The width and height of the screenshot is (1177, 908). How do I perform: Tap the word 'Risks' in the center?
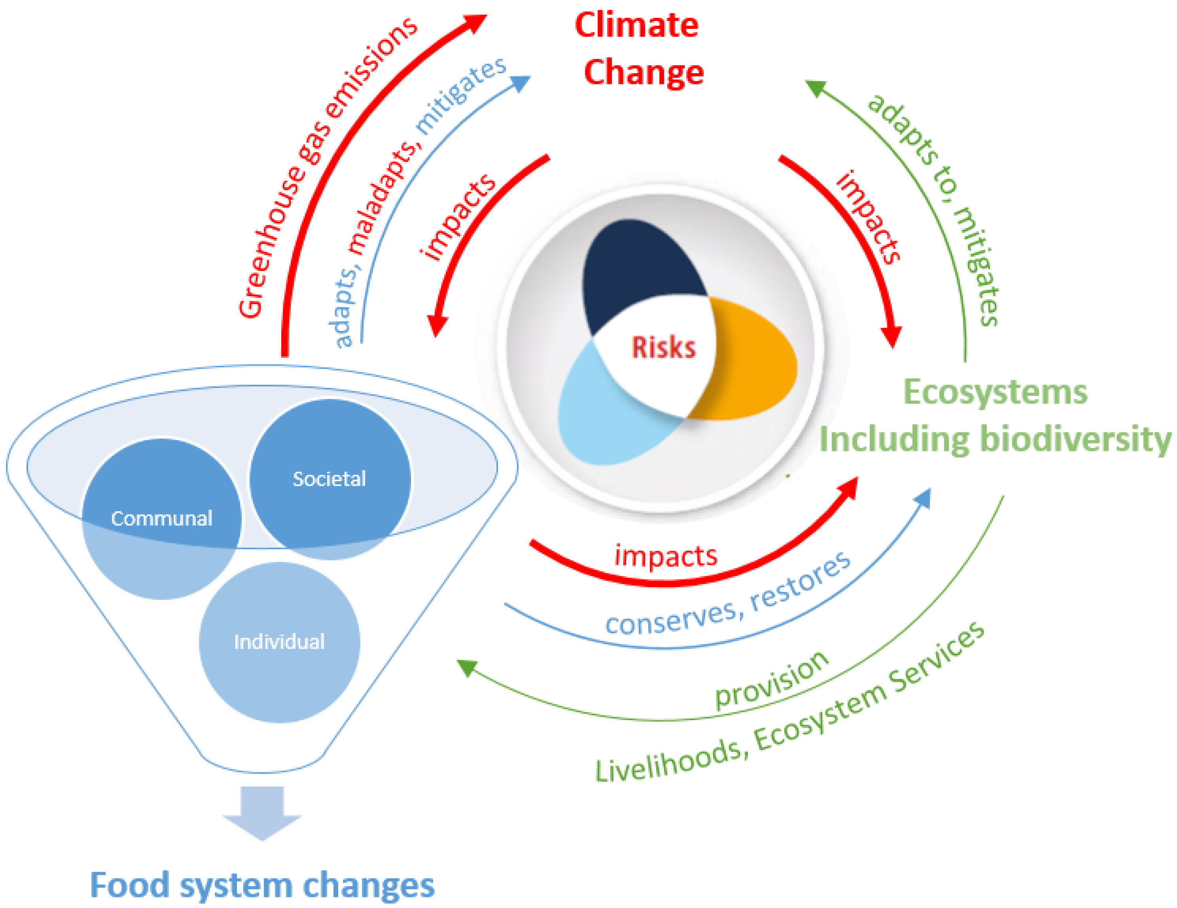(x=663, y=348)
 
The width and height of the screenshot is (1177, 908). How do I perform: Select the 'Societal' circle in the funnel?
(x=329, y=479)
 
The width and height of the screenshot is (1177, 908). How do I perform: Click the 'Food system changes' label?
(x=262, y=885)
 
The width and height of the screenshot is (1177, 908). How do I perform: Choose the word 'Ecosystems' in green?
(x=995, y=392)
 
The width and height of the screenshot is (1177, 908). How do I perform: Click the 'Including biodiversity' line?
(x=995, y=439)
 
